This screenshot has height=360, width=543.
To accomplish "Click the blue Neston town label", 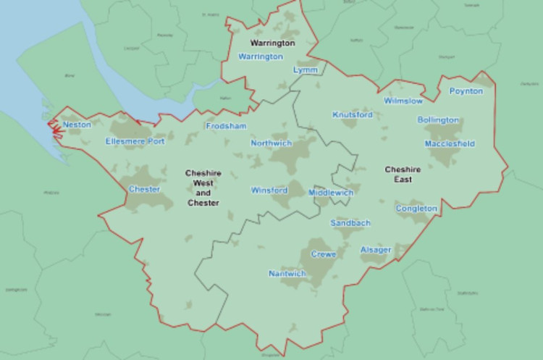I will click(x=77, y=125).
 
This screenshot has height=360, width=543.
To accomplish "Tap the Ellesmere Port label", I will click(x=135, y=141).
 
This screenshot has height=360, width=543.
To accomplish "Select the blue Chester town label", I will click(x=144, y=189).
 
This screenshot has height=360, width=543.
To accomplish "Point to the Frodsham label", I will click(x=226, y=126).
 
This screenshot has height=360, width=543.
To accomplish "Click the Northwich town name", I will click(x=271, y=143).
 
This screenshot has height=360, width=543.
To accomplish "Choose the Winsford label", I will click(x=269, y=191).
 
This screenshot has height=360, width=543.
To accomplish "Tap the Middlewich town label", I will click(x=330, y=193).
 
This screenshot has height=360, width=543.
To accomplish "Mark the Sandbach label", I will click(x=350, y=223).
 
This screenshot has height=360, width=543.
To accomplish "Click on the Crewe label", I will click(x=323, y=254).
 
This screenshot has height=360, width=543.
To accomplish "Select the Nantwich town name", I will click(x=287, y=274).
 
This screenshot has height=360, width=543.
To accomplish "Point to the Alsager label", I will click(x=376, y=250).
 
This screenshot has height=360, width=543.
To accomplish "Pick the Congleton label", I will click(x=416, y=209).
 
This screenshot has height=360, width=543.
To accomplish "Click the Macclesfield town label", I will click(x=450, y=144).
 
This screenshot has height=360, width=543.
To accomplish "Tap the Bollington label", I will click(x=438, y=120).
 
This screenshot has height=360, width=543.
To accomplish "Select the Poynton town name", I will click(x=466, y=91).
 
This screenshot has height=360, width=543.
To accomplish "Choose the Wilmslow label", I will click(x=403, y=101).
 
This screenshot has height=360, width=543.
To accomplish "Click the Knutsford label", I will click(x=352, y=114).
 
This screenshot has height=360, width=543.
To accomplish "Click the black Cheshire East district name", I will click(x=398, y=174).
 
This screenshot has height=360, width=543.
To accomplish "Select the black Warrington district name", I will click(x=272, y=43).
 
